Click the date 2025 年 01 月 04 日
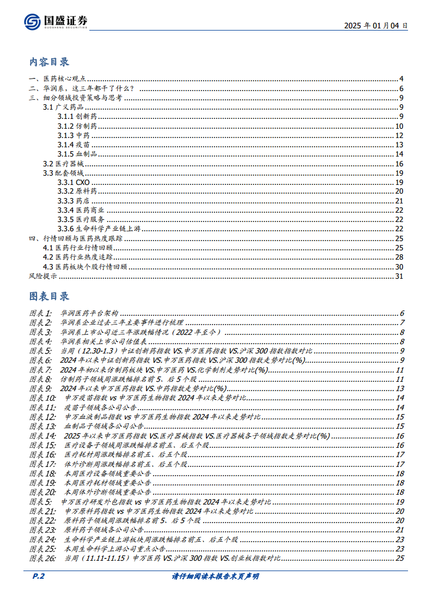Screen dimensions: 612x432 (376, 26)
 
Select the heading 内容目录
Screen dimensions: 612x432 (49, 62)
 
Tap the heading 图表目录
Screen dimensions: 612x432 (49, 296)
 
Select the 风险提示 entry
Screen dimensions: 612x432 (42, 276)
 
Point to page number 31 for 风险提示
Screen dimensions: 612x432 (399, 276)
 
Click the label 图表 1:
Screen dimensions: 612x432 (40, 313)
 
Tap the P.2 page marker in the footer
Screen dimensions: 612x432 (36, 577)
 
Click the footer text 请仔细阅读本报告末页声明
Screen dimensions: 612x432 (215, 577)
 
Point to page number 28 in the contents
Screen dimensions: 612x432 (399, 257)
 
